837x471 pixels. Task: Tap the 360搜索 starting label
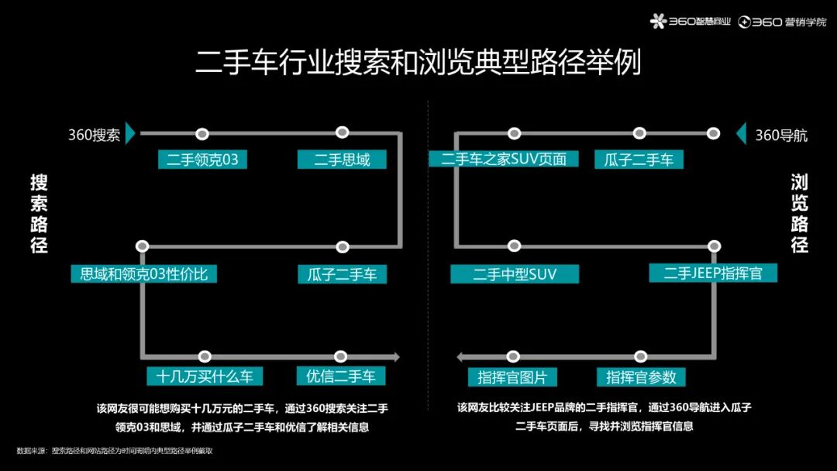tap(94, 135)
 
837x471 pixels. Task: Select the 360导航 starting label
tap(781, 136)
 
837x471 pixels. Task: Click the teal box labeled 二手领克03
tap(202, 160)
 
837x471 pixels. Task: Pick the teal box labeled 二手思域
tap(342, 160)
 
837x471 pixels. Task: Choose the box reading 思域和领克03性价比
tap(144, 273)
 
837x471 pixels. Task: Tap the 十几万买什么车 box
tap(205, 376)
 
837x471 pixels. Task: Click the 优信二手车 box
tap(341, 376)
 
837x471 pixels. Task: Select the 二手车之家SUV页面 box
tap(504, 160)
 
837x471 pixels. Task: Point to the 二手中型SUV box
tap(515, 274)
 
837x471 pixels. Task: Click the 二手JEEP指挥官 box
tap(713, 273)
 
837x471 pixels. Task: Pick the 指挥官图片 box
tap(512, 377)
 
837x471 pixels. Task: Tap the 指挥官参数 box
tap(641, 377)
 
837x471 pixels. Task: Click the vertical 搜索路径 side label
tap(39, 214)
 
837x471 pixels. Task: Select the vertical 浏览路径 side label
tap(799, 214)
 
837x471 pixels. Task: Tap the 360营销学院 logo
tap(782, 22)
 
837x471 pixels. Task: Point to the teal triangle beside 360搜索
tap(132, 134)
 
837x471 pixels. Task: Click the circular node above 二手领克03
tap(202, 134)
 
